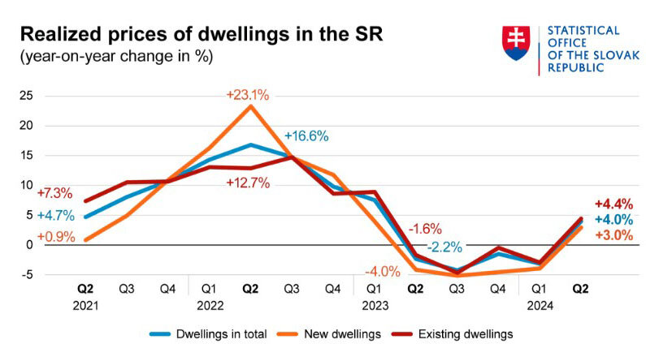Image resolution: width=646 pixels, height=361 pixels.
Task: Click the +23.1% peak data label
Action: coord(248,94)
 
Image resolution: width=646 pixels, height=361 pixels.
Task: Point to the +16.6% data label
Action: coord(306,136)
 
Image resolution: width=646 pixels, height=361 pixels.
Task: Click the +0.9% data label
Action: coord(55,237)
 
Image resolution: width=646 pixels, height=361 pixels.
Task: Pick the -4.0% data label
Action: coord(382,272)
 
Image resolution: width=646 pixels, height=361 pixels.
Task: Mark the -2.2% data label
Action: coord(447,246)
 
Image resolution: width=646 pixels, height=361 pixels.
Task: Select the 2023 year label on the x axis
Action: coord(375,306)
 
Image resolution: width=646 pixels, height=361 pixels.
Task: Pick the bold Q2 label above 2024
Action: coord(581,287)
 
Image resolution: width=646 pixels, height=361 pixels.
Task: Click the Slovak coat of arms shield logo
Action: coord(517,43)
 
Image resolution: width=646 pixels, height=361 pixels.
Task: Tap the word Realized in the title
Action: coord(58,35)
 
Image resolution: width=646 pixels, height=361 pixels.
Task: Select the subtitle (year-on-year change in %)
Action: coord(113,58)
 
